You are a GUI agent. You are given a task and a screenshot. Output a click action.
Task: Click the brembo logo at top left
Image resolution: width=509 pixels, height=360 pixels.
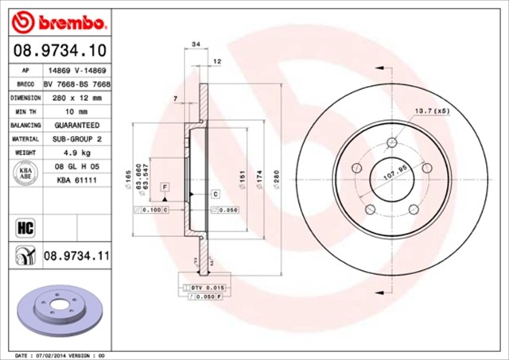pos(53,19)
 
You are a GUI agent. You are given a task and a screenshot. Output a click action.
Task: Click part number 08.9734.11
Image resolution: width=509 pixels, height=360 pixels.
pos(75,256)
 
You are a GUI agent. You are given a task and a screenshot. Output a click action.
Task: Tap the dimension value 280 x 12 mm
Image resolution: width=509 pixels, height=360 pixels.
pos(77,97)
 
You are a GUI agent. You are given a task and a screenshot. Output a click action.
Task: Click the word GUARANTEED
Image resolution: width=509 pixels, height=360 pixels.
pos(77,125)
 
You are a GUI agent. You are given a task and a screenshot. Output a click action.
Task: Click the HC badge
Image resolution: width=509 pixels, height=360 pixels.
pos(23,229)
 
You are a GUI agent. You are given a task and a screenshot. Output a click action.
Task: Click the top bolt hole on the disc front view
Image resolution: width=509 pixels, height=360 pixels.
pos(391,142)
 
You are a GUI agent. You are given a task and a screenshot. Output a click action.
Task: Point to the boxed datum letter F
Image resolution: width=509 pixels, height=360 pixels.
pos(164,186)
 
